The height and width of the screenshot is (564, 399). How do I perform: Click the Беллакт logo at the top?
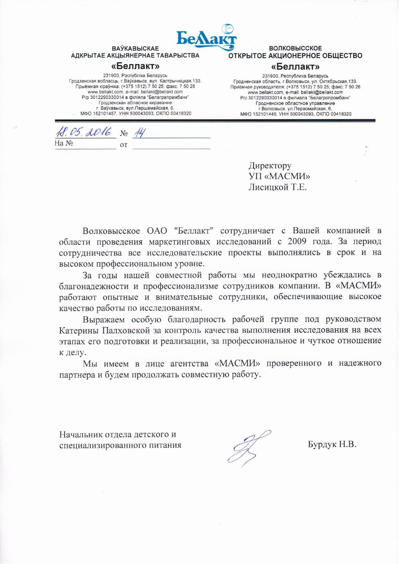(x=206, y=38)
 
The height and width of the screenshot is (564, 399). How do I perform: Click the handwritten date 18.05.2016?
(x=84, y=132)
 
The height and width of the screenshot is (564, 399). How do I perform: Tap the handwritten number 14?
(x=139, y=132)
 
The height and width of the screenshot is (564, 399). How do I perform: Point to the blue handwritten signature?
(x=247, y=448)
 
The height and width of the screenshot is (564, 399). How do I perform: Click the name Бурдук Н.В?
(x=332, y=444)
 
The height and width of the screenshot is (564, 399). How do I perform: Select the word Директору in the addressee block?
(x=270, y=166)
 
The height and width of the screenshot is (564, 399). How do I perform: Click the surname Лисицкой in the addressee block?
(x=268, y=187)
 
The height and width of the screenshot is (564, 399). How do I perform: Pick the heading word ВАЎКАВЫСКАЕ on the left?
(x=135, y=49)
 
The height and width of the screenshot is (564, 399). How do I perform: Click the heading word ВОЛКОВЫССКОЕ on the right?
(x=295, y=49)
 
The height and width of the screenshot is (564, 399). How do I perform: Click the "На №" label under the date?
(x=64, y=143)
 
